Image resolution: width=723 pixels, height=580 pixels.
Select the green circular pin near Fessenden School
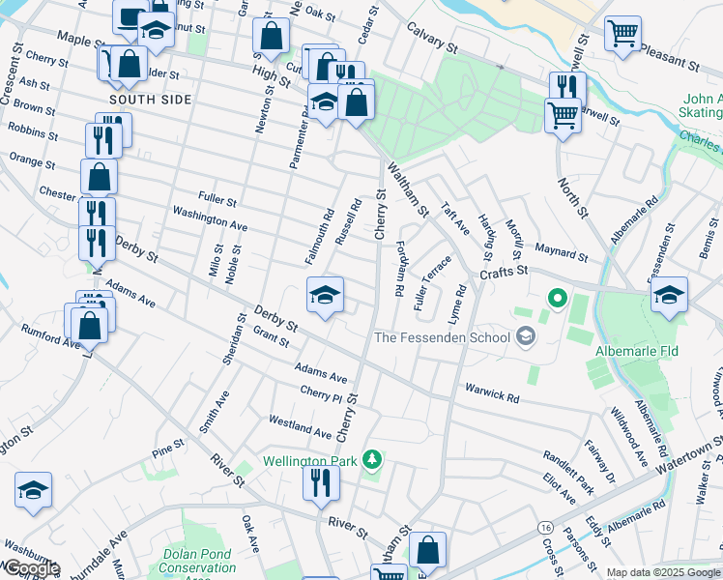click(556, 300)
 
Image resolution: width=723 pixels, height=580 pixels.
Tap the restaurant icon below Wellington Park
click(321, 482)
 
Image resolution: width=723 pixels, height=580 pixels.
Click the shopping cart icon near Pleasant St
click(622, 34)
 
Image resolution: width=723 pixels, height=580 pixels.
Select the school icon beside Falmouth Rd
click(326, 295)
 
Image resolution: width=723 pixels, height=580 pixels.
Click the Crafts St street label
click(503, 274)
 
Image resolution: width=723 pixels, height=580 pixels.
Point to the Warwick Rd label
click(492, 396)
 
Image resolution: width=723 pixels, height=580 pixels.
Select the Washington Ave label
click(210, 218)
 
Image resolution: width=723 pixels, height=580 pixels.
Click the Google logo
click(31, 568)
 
